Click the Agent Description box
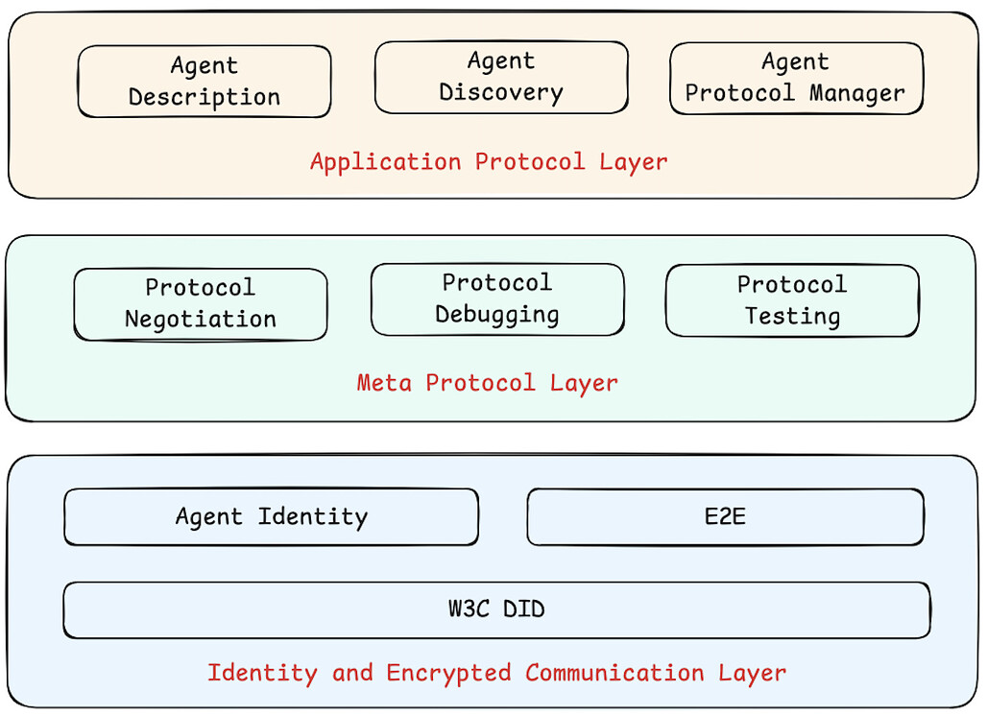[205, 82]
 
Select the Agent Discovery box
[501, 77]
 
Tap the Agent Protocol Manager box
[796, 78]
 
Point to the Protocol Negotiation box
[201, 303]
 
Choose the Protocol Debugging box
[497, 299]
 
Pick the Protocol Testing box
[792, 300]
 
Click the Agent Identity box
[271, 517]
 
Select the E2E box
[725, 517]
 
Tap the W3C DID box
[496, 609]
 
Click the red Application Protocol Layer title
[489, 161]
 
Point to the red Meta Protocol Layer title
[488, 383]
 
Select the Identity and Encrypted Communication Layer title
[496, 673]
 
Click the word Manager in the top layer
[856, 94]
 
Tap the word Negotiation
[201, 320]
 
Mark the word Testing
[792, 317]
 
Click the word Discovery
[501, 93]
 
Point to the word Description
[205, 98]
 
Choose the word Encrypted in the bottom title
[448, 673]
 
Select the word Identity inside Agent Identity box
[313, 517]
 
